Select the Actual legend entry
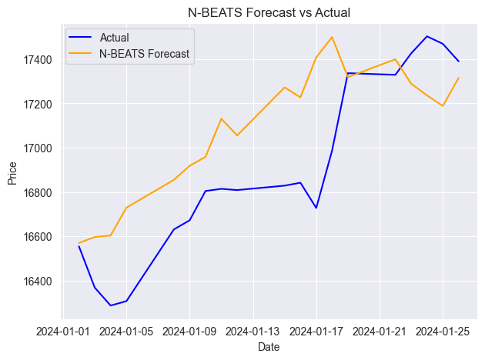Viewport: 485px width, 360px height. point(115,38)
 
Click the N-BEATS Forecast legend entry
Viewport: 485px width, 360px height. point(144,54)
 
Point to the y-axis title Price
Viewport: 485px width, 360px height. point(12,172)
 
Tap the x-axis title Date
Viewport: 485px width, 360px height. point(269,348)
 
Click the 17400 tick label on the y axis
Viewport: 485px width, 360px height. point(38,60)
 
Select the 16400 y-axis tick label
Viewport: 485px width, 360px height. point(38,281)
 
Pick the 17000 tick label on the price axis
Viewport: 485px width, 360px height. point(38,148)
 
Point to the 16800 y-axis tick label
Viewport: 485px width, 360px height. point(38,192)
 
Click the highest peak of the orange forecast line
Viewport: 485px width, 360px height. point(332,37)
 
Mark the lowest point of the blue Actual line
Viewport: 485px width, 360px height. point(110,305)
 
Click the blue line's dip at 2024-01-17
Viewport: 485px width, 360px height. point(316,208)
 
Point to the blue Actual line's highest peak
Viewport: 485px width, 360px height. point(426,36)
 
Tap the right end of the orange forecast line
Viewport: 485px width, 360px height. point(459,78)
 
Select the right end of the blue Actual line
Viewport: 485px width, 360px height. point(459,62)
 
